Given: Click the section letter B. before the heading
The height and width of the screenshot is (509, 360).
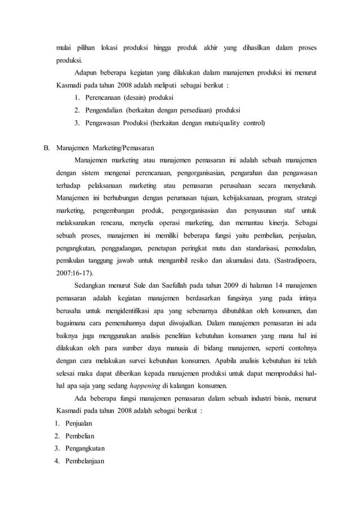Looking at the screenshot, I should click(48, 148).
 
